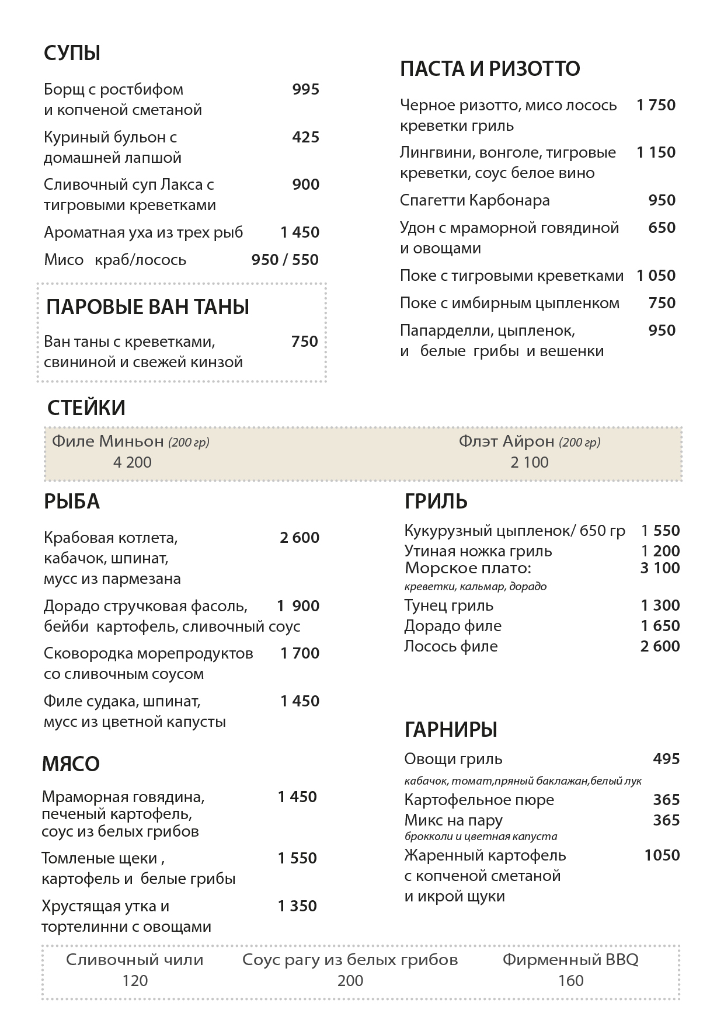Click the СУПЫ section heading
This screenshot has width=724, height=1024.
pos(72,53)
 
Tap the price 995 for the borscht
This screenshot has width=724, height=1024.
pos(305,89)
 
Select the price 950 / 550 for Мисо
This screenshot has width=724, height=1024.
pos(285,260)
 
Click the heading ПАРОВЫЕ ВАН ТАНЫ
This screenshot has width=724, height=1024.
pos(148,307)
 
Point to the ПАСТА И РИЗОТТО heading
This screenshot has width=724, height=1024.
pos(490,69)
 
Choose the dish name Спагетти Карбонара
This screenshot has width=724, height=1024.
pos(475,200)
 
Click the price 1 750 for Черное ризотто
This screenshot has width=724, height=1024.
pos(656,105)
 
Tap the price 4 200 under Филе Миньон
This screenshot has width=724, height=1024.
pos(133,462)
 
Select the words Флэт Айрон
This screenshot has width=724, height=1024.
pos(506,441)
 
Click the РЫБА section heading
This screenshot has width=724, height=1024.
pos(72,501)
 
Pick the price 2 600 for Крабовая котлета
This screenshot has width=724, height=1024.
pos(300,538)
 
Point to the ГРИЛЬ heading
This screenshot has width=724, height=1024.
pos(436,501)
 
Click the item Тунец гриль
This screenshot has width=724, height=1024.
pos(448,605)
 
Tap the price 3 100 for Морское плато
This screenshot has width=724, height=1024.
pos(660,568)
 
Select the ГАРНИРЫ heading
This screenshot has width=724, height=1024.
pos(451,730)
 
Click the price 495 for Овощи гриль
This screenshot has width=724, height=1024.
pos(666,759)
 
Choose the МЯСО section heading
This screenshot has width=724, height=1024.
pos(71,764)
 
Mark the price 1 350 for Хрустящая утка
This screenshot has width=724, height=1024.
pos(297,906)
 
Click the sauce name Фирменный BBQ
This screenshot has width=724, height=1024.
pos(570,960)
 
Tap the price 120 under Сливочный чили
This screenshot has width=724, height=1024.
pos(135,981)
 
